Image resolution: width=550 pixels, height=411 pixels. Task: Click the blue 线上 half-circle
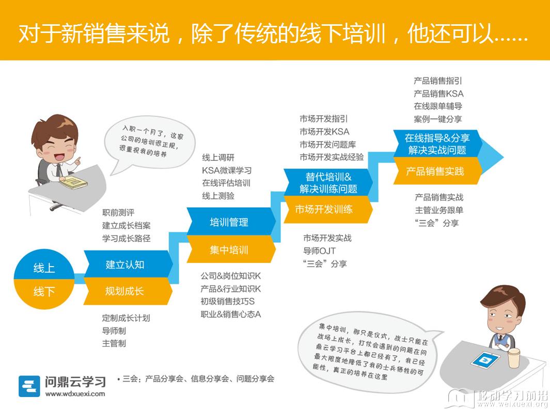point(44,265)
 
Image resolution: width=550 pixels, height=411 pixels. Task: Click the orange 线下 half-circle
point(44,293)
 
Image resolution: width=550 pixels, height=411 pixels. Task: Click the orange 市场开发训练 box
point(327,209)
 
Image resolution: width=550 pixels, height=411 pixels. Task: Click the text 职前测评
point(118,212)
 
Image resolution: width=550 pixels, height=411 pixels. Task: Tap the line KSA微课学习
point(227,170)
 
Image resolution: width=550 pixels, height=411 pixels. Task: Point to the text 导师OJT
point(319,251)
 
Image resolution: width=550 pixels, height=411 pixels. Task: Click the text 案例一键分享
point(438,119)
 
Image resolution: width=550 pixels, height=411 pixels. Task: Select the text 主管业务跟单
point(439,210)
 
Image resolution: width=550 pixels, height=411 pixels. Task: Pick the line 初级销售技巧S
point(228,301)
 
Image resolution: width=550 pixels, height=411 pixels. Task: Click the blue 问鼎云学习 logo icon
point(29,386)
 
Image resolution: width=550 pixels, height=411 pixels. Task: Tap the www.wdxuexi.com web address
point(75,393)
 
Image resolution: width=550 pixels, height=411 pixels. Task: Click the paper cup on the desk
point(514,358)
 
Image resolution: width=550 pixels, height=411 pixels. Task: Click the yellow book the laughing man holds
point(73,182)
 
